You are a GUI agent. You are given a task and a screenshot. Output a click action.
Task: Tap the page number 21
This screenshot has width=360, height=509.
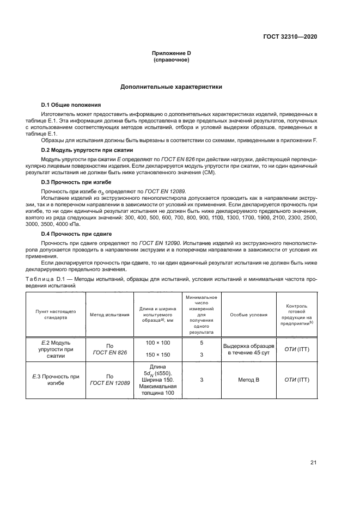coord(313,463)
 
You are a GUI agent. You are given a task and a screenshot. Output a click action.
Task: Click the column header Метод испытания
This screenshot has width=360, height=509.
coord(109,315)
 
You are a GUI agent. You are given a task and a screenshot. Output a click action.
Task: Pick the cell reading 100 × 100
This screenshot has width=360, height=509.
coord(158,342)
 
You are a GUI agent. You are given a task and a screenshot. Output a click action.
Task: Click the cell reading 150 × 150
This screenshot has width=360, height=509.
coord(158,354)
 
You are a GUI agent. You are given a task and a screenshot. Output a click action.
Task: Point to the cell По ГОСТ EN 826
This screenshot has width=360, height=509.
coord(109,348)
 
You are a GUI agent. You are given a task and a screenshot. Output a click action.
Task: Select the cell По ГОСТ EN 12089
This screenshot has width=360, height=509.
coord(109,379)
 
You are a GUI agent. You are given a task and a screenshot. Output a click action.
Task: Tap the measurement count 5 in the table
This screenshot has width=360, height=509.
coord(202,343)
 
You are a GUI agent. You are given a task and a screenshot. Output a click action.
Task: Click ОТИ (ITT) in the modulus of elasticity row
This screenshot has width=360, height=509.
coord(297,348)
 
